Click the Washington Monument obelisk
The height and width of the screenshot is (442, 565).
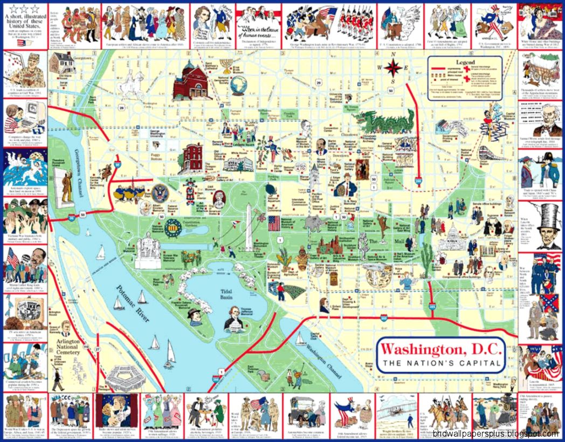tap(249, 229)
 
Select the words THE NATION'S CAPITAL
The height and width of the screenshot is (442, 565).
tap(442, 363)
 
